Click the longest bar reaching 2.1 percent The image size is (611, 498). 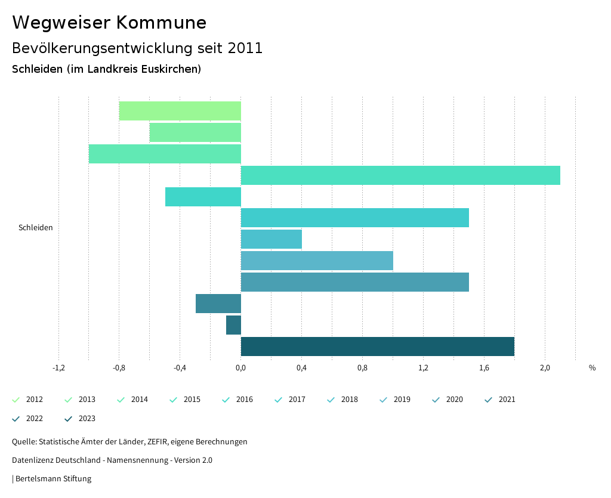(400, 175)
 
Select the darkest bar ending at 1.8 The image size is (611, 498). (377, 347)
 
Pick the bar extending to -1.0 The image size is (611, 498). (165, 154)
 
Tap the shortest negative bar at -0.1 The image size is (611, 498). (233, 325)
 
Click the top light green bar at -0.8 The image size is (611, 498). (180, 111)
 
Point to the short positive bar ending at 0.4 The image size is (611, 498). (271, 239)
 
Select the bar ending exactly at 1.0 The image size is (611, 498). (317, 261)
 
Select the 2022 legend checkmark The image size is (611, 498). (16, 419)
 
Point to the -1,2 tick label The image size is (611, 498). (58, 368)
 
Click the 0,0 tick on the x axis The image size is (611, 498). (240, 368)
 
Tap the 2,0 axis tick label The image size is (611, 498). (545, 368)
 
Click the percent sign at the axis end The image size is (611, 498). (592, 368)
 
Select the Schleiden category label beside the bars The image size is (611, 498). (36, 228)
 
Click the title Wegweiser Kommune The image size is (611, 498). (109, 23)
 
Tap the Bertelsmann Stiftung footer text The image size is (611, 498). (53, 479)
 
